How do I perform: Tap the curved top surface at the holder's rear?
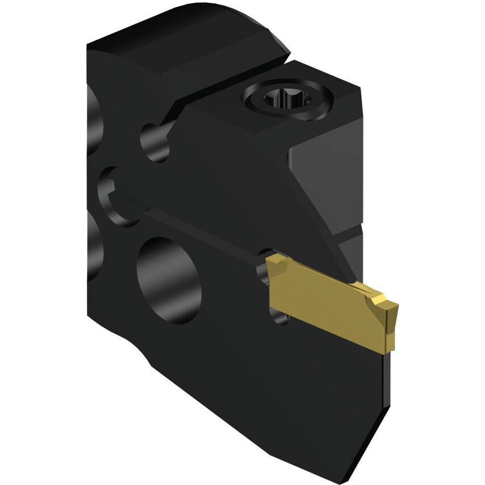[x=187, y=34]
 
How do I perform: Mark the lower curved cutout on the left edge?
[x=93, y=239]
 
